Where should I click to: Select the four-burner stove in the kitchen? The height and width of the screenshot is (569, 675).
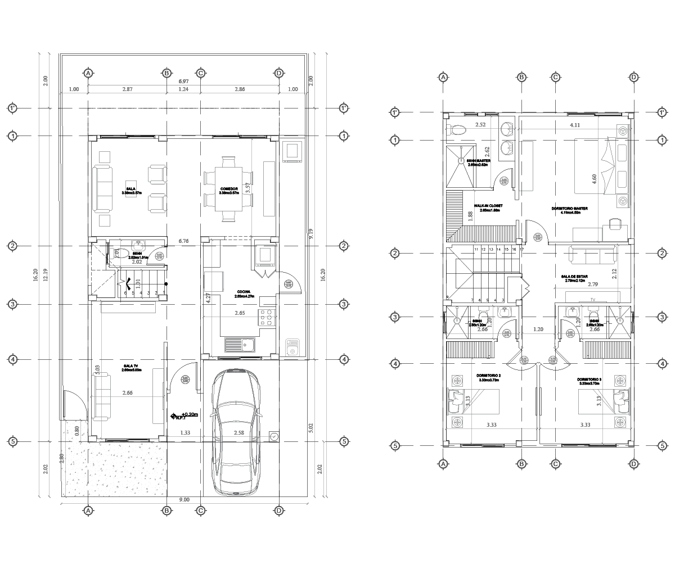pos(268,317)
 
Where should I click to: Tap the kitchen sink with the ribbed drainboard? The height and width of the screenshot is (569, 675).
pos(240,344)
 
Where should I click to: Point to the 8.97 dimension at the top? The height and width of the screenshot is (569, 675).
pos(183,82)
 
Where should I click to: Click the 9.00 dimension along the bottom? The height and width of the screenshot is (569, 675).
pos(183,499)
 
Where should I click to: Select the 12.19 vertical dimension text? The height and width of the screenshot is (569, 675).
pos(46,275)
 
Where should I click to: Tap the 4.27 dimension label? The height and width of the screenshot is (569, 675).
pos(208,298)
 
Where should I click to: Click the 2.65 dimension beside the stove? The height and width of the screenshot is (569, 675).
pos(240,313)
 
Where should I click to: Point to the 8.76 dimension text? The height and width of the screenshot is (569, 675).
pos(183,241)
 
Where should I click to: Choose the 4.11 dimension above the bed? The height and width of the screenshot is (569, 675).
pos(574,125)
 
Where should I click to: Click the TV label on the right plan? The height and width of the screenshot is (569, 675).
pos(592,300)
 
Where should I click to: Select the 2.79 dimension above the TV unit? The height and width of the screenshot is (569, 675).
pos(592,284)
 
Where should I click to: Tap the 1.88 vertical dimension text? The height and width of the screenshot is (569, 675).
pos(470,216)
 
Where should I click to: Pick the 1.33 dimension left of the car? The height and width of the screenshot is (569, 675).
pos(184,433)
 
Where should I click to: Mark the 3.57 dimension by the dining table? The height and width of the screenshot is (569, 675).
pos(247,188)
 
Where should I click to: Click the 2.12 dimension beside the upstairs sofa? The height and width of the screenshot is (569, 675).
pos(614,273)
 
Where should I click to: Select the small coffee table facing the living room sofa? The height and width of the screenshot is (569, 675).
pos(131,188)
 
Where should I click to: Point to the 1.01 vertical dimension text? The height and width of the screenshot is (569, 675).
pos(138,284)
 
